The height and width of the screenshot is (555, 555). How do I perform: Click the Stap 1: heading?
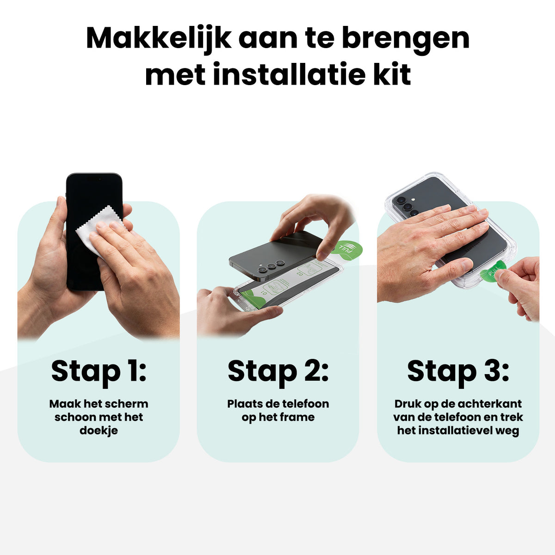point(99,372)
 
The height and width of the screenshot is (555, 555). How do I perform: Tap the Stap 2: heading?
point(278,372)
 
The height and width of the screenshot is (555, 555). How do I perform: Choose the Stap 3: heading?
point(458,372)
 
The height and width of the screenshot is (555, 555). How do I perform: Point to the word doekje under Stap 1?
point(99,431)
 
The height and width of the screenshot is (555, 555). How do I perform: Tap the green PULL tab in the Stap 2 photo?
point(346,247)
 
